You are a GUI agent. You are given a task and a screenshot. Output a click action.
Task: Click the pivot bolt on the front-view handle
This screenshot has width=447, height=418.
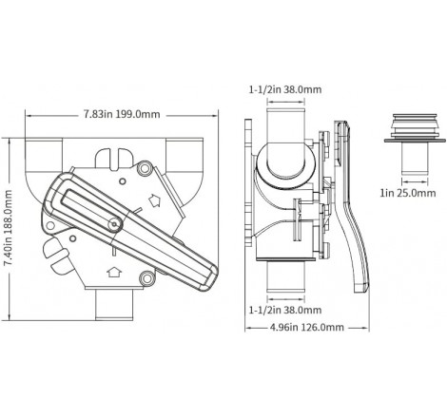pyautogui.click(x=113, y=222)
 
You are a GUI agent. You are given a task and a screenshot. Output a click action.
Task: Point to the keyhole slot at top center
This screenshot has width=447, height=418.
pyautogui.click(x=111, y=157)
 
